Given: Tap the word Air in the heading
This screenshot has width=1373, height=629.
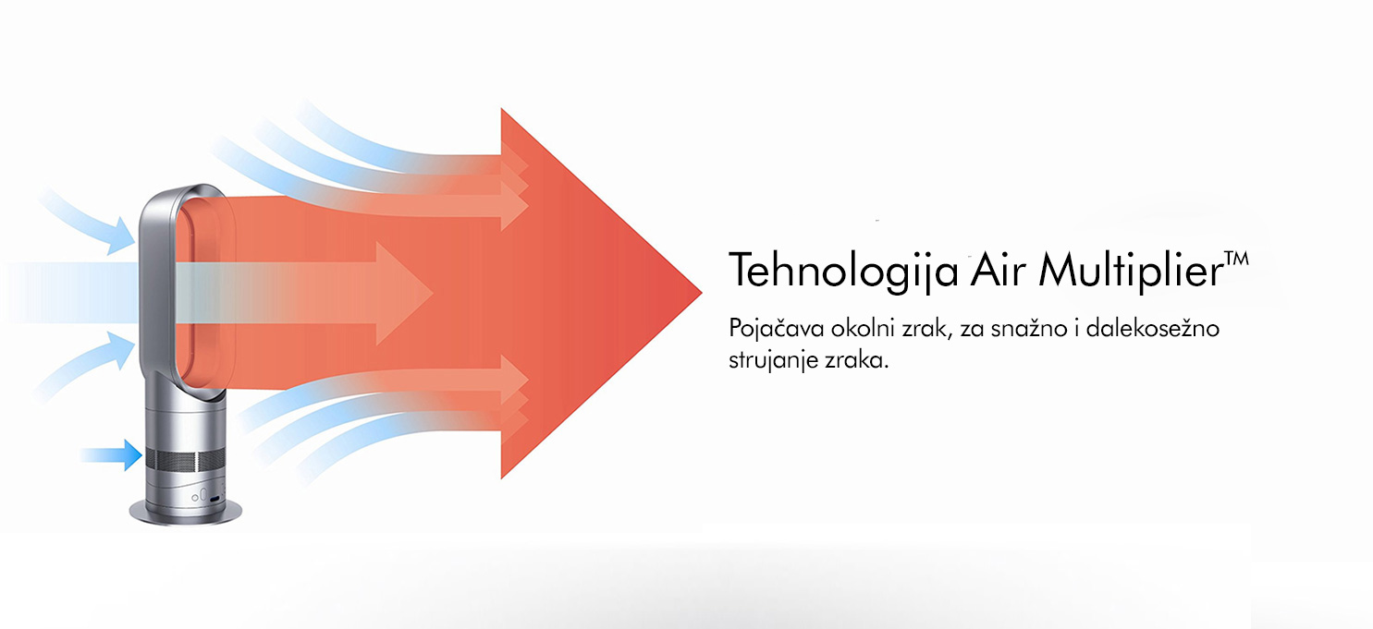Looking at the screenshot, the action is [997, 270].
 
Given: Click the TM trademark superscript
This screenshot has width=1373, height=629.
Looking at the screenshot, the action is [1237, 258].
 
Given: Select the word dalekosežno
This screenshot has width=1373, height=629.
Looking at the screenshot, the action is [1152, 328].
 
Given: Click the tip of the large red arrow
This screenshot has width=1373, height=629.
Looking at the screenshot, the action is [701, 293].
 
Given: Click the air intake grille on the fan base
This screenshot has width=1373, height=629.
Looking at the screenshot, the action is [185, 460].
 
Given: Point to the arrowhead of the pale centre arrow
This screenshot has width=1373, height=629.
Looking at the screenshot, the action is [405, 294].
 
